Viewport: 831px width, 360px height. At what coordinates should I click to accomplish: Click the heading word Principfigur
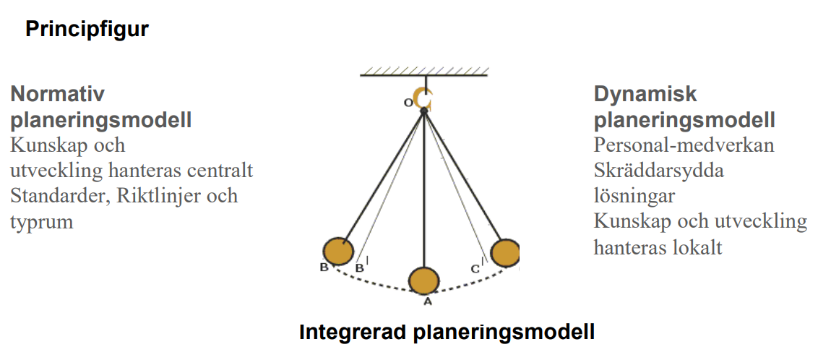click(87, 30)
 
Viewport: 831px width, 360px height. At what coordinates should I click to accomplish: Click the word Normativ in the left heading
click(58, 95)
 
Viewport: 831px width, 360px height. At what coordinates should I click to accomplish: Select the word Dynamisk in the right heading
click(645, 95)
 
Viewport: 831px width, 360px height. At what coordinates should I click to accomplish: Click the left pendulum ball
click(337, 251)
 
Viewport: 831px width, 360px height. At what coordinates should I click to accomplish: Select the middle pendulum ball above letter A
click(423, 280)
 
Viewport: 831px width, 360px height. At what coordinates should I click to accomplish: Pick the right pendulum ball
click(504, 253)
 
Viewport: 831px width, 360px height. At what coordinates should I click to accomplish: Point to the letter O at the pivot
click(408, 103)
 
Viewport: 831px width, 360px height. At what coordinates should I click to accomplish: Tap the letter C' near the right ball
click(475, 269)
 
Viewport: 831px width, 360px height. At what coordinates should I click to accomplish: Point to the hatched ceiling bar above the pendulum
click(424, 71)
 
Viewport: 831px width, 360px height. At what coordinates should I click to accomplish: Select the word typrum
click(42, 222)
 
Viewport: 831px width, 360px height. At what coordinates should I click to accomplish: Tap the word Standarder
click(55, 196)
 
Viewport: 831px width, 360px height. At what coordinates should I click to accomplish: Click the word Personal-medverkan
click(684, 145)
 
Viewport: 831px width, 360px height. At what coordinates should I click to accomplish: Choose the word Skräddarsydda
click(658, 171)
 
